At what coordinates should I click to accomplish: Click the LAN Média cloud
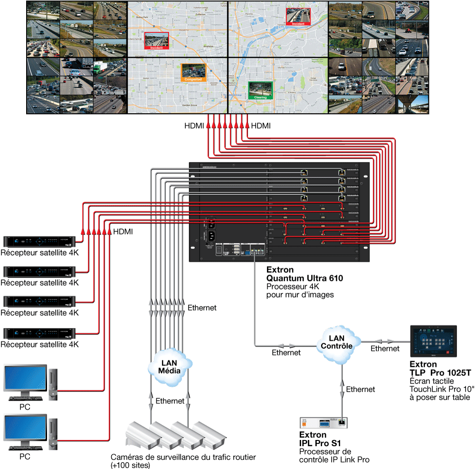coord(169,365)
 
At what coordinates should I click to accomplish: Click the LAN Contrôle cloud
coord(336,341)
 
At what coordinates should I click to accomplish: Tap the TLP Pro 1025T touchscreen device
coord(433,341)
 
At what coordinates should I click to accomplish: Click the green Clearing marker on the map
coord(260,90)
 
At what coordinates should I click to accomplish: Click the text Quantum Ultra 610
coord(304,278)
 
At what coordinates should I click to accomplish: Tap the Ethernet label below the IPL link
coord(361,389)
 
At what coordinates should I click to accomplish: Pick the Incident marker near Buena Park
coord(156,41)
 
